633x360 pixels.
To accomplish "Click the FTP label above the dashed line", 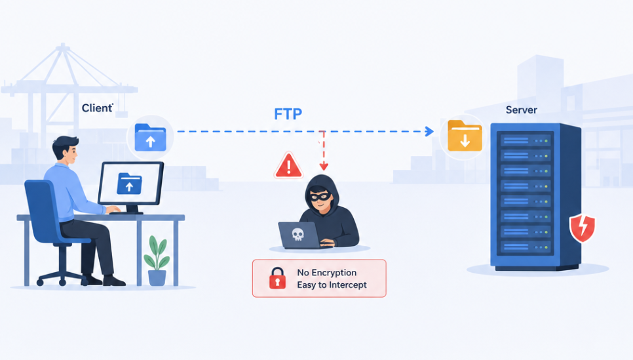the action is (288, 114).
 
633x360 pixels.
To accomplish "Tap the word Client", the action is (97, 108).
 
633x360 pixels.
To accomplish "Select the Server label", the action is (521, 110).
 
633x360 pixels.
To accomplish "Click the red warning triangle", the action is (288, 165).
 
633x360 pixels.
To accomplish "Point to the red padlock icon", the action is (277, 278).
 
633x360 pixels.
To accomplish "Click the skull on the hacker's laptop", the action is (298, 234).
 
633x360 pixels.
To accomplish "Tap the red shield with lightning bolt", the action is (582, 228).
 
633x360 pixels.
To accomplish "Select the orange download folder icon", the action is (465, 136).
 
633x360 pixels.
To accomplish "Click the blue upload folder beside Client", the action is (150, 137).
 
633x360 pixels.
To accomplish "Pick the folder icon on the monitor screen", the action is (129, 184).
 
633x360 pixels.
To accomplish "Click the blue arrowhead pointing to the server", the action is (430, 131).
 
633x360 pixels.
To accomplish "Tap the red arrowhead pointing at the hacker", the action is (323, 166).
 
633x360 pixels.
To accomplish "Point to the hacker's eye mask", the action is (320, 196).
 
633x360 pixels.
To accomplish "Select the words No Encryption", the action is (326, 273).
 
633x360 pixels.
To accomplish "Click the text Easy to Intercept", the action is (332, 285).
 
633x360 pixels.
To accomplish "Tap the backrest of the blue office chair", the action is (41, 210).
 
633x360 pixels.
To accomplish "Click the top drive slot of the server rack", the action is (526, 140).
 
